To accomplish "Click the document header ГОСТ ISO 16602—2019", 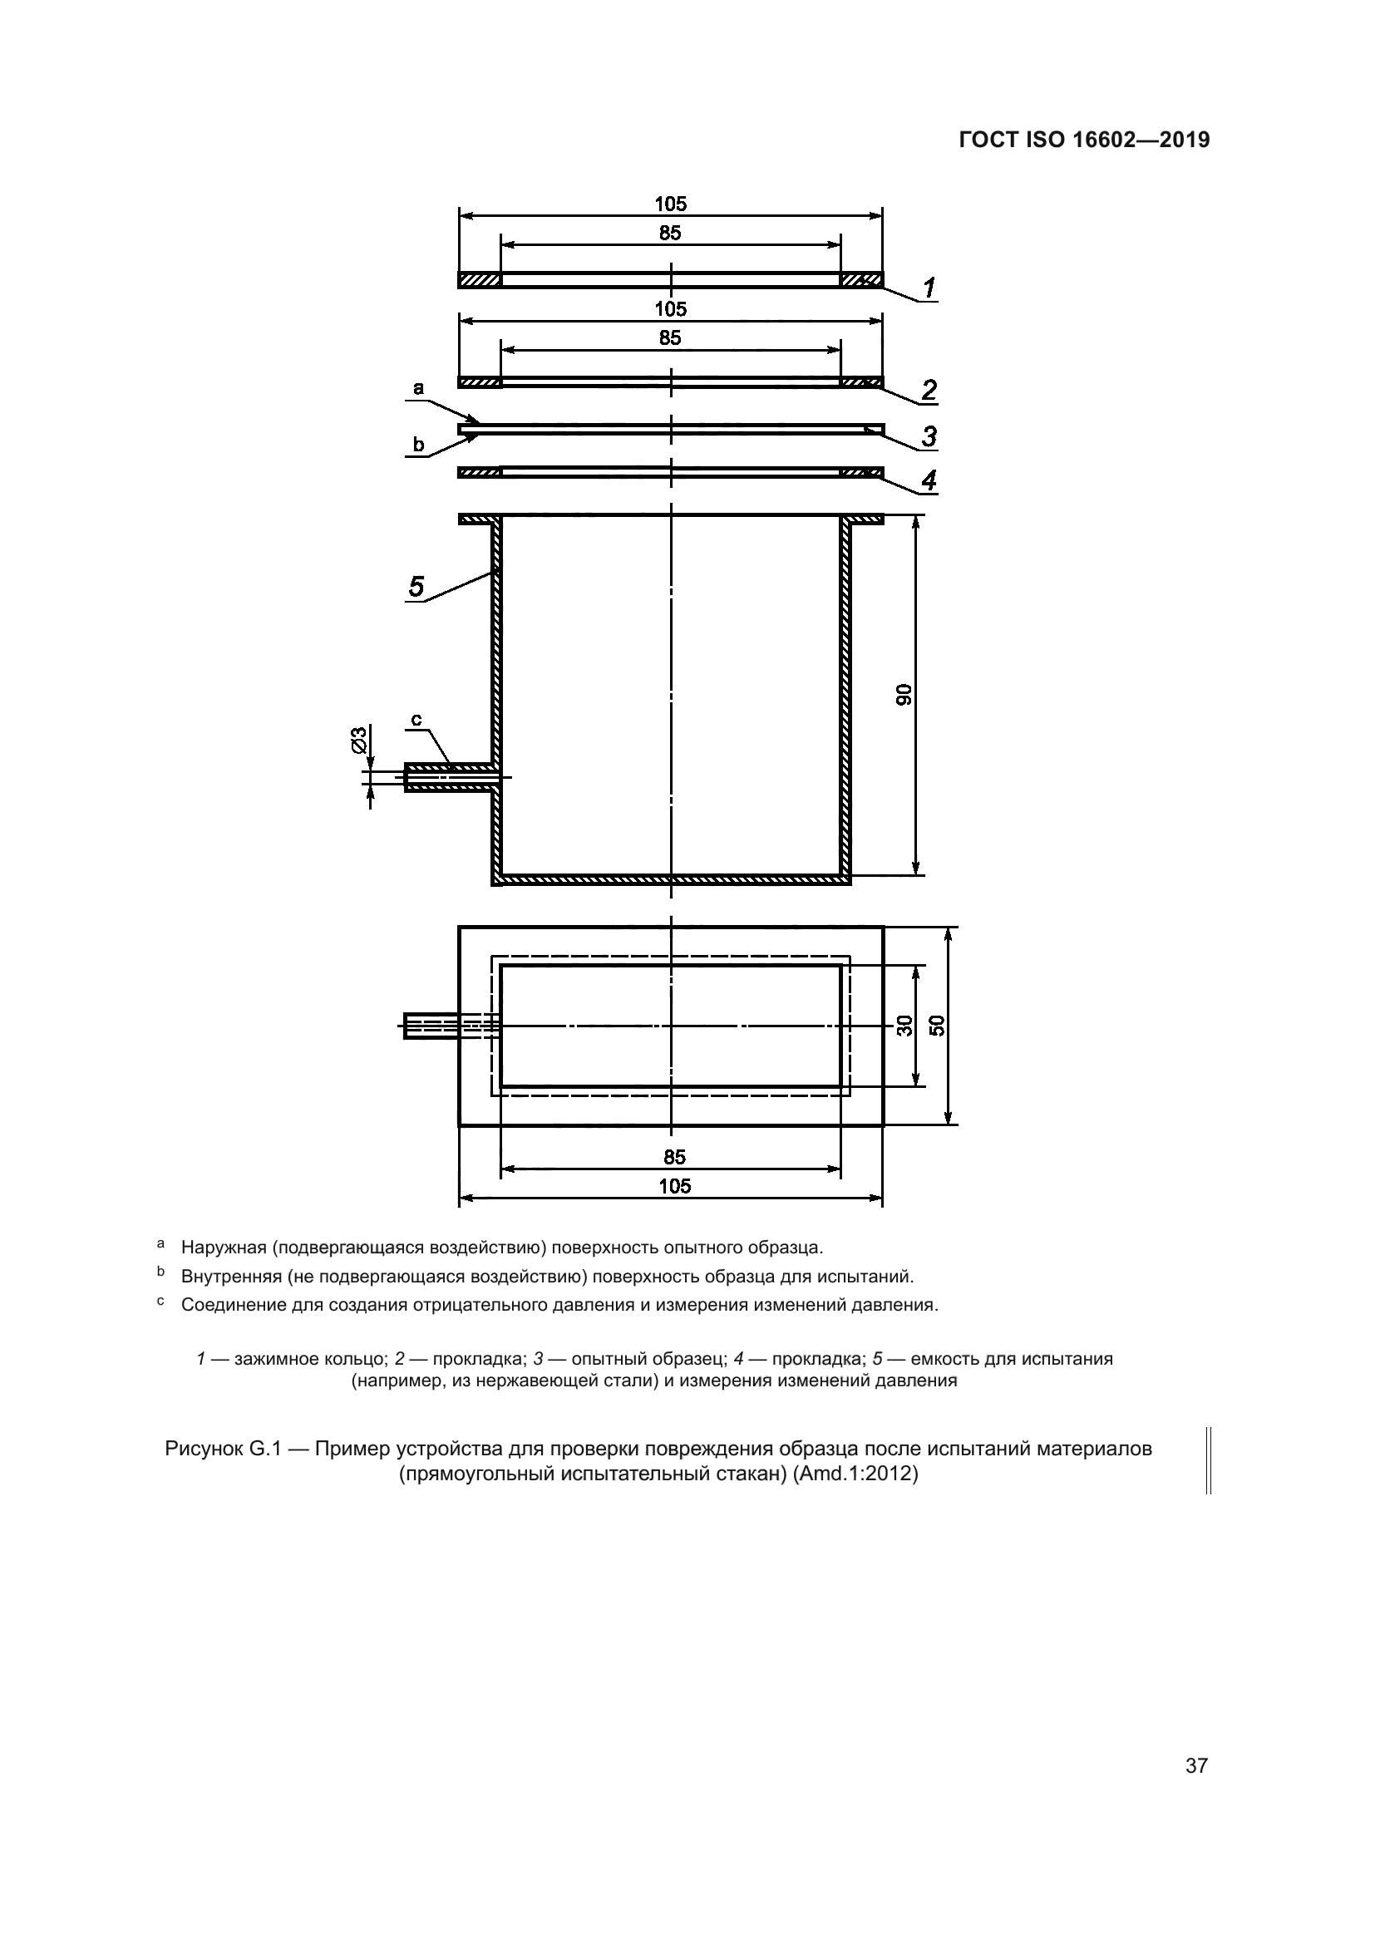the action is coord(1085,140).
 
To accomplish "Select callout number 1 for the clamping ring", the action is coord(929,288).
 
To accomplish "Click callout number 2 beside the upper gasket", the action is coord(929,390).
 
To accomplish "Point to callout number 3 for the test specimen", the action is coord(929,437).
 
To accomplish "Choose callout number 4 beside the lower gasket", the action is coord(929,480).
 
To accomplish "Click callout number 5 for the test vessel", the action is coord(416,586).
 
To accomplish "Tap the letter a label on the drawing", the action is coord(417,389).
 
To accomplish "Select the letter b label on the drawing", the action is coord(417,444).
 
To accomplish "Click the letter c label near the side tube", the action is coord(416,720).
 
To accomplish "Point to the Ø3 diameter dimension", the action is coord(358,739).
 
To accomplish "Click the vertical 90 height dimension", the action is coord(904,694).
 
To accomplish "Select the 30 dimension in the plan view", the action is coord(904,1026).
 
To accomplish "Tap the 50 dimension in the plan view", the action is coord(936,1026).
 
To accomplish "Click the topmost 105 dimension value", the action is coord(670,204).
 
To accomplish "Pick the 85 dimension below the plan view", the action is coord(675,1158).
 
